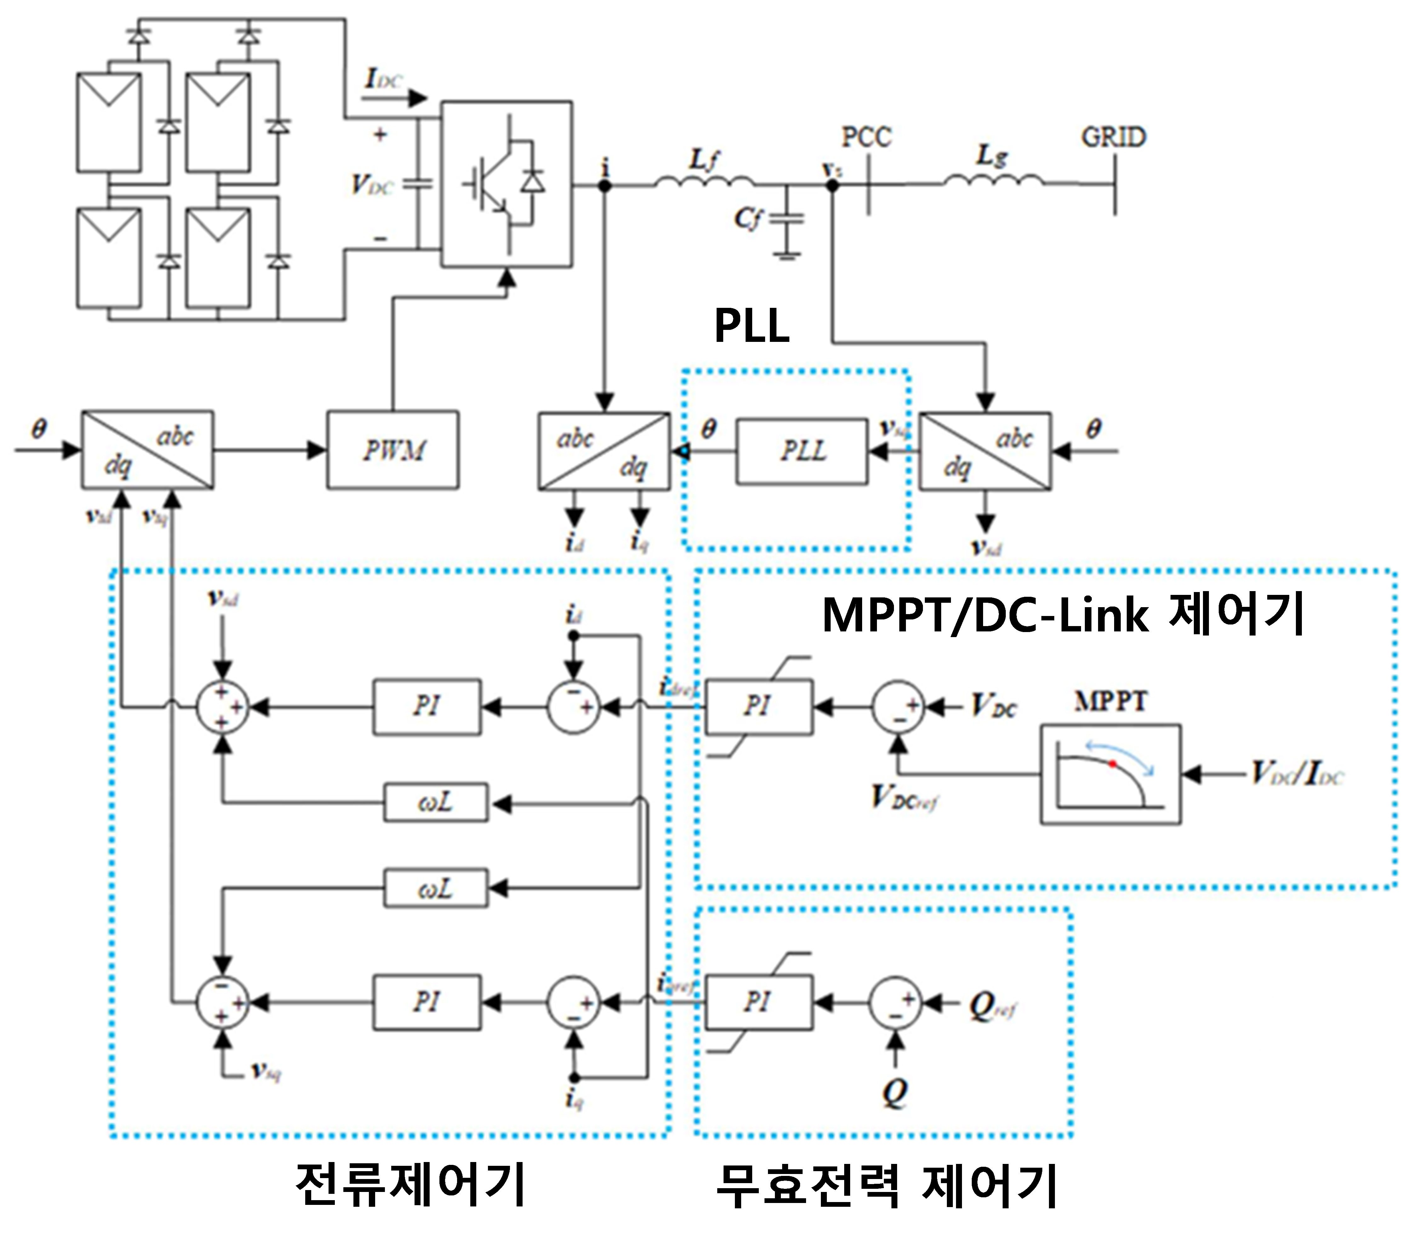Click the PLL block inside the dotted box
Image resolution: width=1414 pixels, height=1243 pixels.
(x=802, y=451)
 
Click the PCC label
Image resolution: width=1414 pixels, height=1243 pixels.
(x=866, y=137)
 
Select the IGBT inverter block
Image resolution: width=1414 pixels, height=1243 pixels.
(x=507, y=184)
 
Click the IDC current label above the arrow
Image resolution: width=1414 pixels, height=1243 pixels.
(x=382, y=80)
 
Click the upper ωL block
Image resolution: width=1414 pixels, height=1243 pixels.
(x=436, y=803)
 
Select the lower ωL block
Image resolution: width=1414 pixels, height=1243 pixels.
(x=436, y=889)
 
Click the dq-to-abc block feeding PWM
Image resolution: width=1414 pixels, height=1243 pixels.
(x=147, y=450)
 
